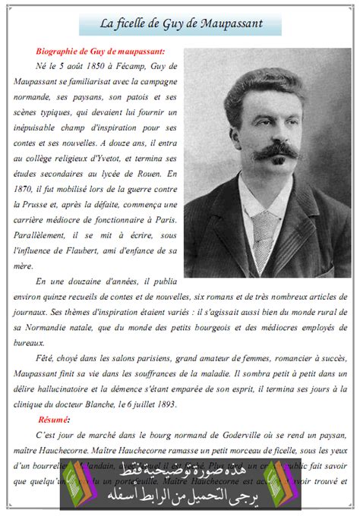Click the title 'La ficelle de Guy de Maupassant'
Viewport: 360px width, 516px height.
(x=182, y=24)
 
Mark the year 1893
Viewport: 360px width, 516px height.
(x=164, y=404)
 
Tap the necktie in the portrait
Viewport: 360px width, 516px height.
(x=265, y=228)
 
